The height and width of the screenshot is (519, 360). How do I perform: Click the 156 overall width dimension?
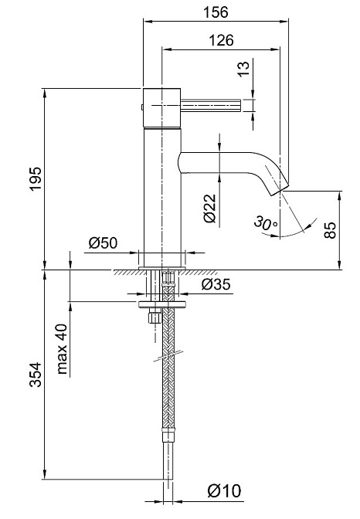click(216, 12)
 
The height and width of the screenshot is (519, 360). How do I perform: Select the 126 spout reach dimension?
click(221, 40)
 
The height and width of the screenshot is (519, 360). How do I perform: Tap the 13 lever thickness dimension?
click(244, 69)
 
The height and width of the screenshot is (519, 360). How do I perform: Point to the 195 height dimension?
click(35, 178)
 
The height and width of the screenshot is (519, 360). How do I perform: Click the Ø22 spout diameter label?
click(209, 209)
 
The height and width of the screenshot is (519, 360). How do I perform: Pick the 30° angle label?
click(265, 223)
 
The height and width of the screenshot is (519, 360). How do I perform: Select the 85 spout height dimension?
click(330, 230)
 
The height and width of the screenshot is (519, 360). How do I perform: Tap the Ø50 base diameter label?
click(103, 243)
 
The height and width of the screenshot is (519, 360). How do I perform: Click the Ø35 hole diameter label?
click(216, 284)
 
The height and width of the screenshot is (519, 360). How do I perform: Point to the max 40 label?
click(62, 349)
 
